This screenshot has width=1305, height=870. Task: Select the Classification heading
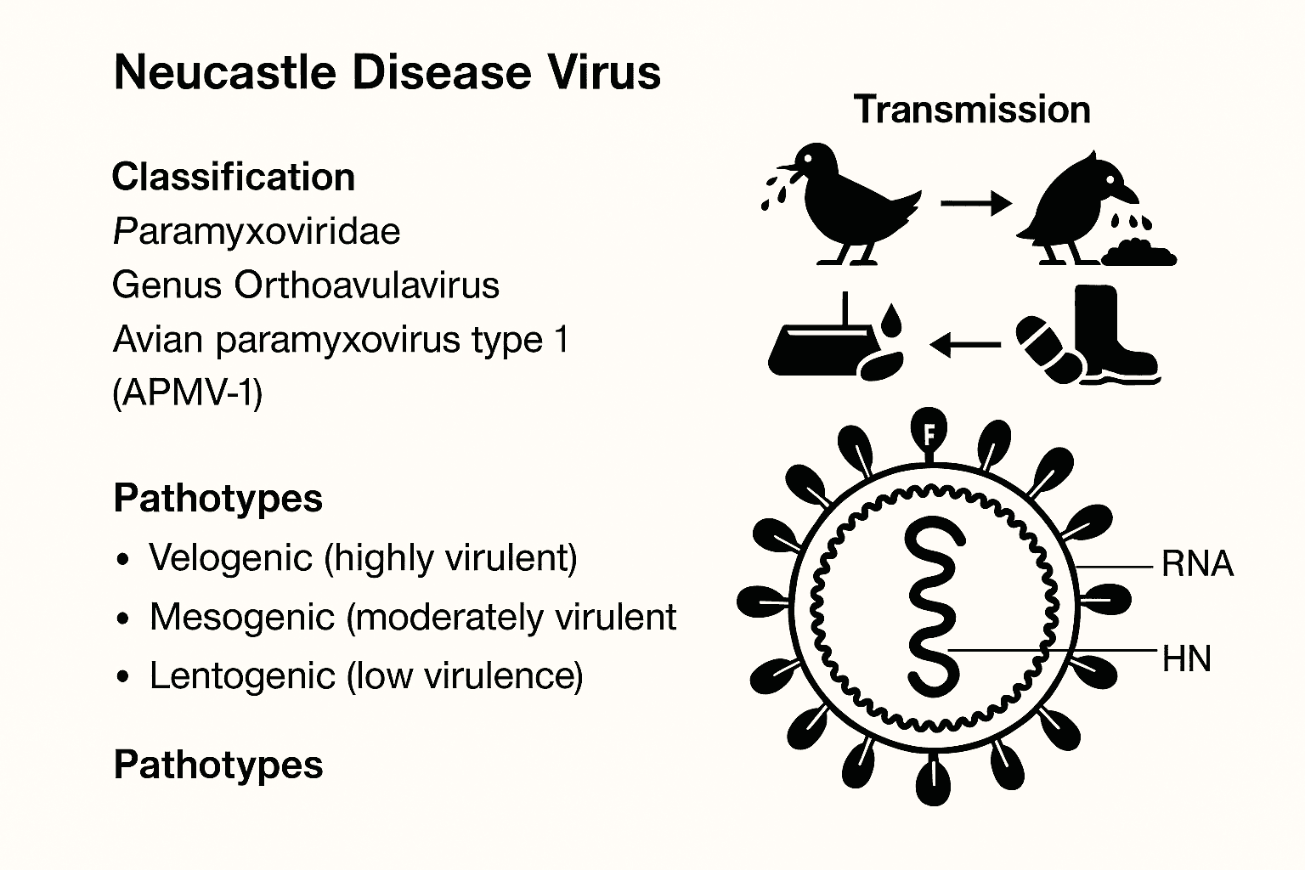pos(234,177)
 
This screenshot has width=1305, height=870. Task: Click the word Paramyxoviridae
pos(257,233)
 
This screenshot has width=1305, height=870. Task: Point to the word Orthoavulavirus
pos(366,285)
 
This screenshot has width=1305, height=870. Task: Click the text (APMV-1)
pos(188,393)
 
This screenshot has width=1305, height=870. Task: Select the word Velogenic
pos(231,557)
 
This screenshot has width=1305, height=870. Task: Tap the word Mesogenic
pos(242,617)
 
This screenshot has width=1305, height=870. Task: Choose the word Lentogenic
pos(242,676)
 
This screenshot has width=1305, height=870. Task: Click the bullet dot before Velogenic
pos(122,559)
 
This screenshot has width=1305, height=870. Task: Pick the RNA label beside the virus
pos(1197,564)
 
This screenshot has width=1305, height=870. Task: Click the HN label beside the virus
pos(1187,659)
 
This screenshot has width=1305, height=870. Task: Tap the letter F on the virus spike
pos(929,434)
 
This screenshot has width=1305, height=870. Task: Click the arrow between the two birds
pos(976,203)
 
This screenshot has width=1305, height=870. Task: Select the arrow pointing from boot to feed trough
pos(965,344)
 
